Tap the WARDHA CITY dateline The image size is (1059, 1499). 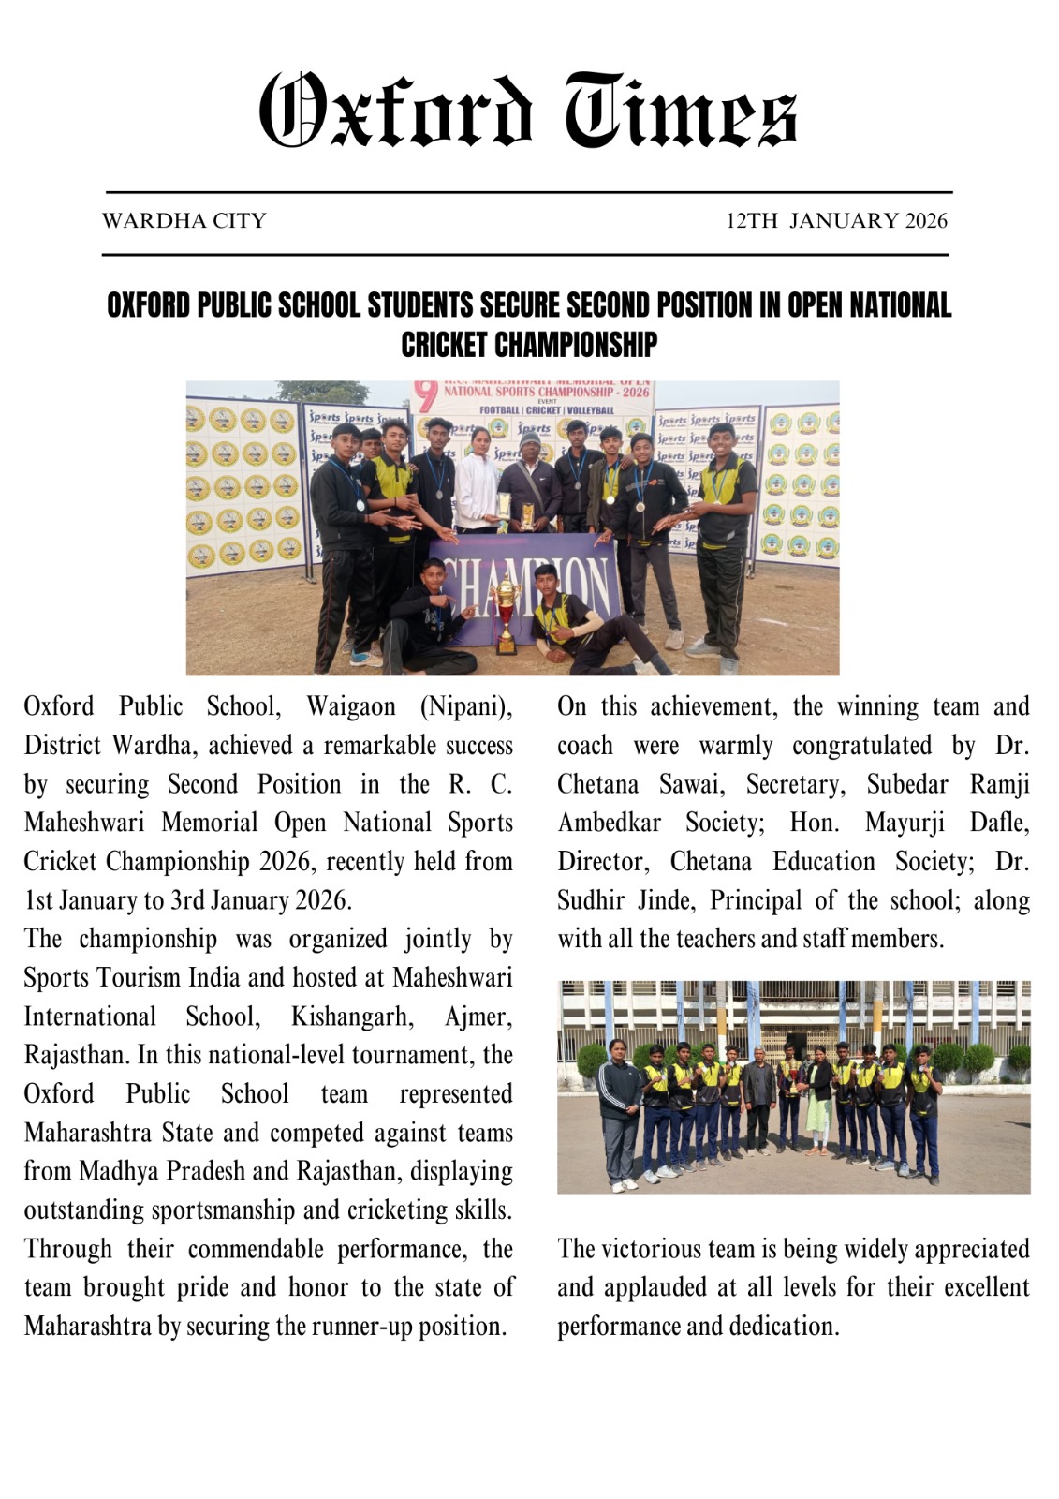(184, 221)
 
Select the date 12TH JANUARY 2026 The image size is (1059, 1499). (836, 221)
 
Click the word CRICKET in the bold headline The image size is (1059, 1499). (445, 345)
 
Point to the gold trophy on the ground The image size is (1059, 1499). (506, 614)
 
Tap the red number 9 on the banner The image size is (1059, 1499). (426, 396)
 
